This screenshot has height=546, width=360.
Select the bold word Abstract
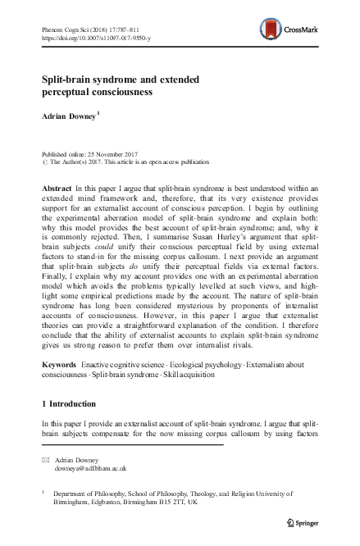click(55, 188)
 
